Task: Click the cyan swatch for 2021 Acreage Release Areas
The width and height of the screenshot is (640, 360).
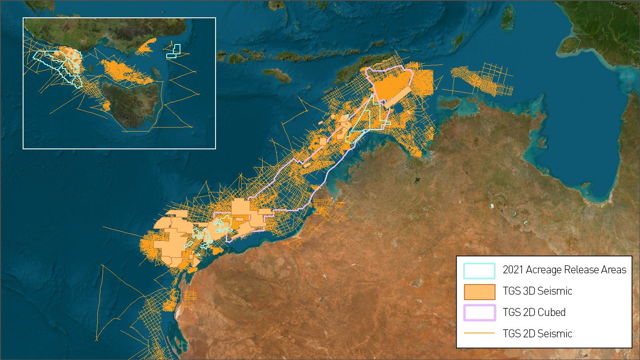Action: click(x=479, y=270)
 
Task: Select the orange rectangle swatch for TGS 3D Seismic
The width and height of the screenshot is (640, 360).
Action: click(x=479, y=292)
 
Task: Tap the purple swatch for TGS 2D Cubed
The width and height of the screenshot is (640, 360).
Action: click(x=479, y=312)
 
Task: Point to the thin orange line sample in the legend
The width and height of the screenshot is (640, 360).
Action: click(x=479, y=333)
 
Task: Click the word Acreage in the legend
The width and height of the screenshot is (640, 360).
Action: click(x=545, y=270)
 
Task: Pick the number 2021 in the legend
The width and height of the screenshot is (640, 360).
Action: click(x=513, y=270)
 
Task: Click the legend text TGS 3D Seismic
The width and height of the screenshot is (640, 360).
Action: click(x=537, y=292)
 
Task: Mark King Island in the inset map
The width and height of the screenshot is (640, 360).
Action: click(x=91, y=69)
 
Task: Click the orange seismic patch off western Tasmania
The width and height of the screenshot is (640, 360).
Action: click(x=106, y=106)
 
